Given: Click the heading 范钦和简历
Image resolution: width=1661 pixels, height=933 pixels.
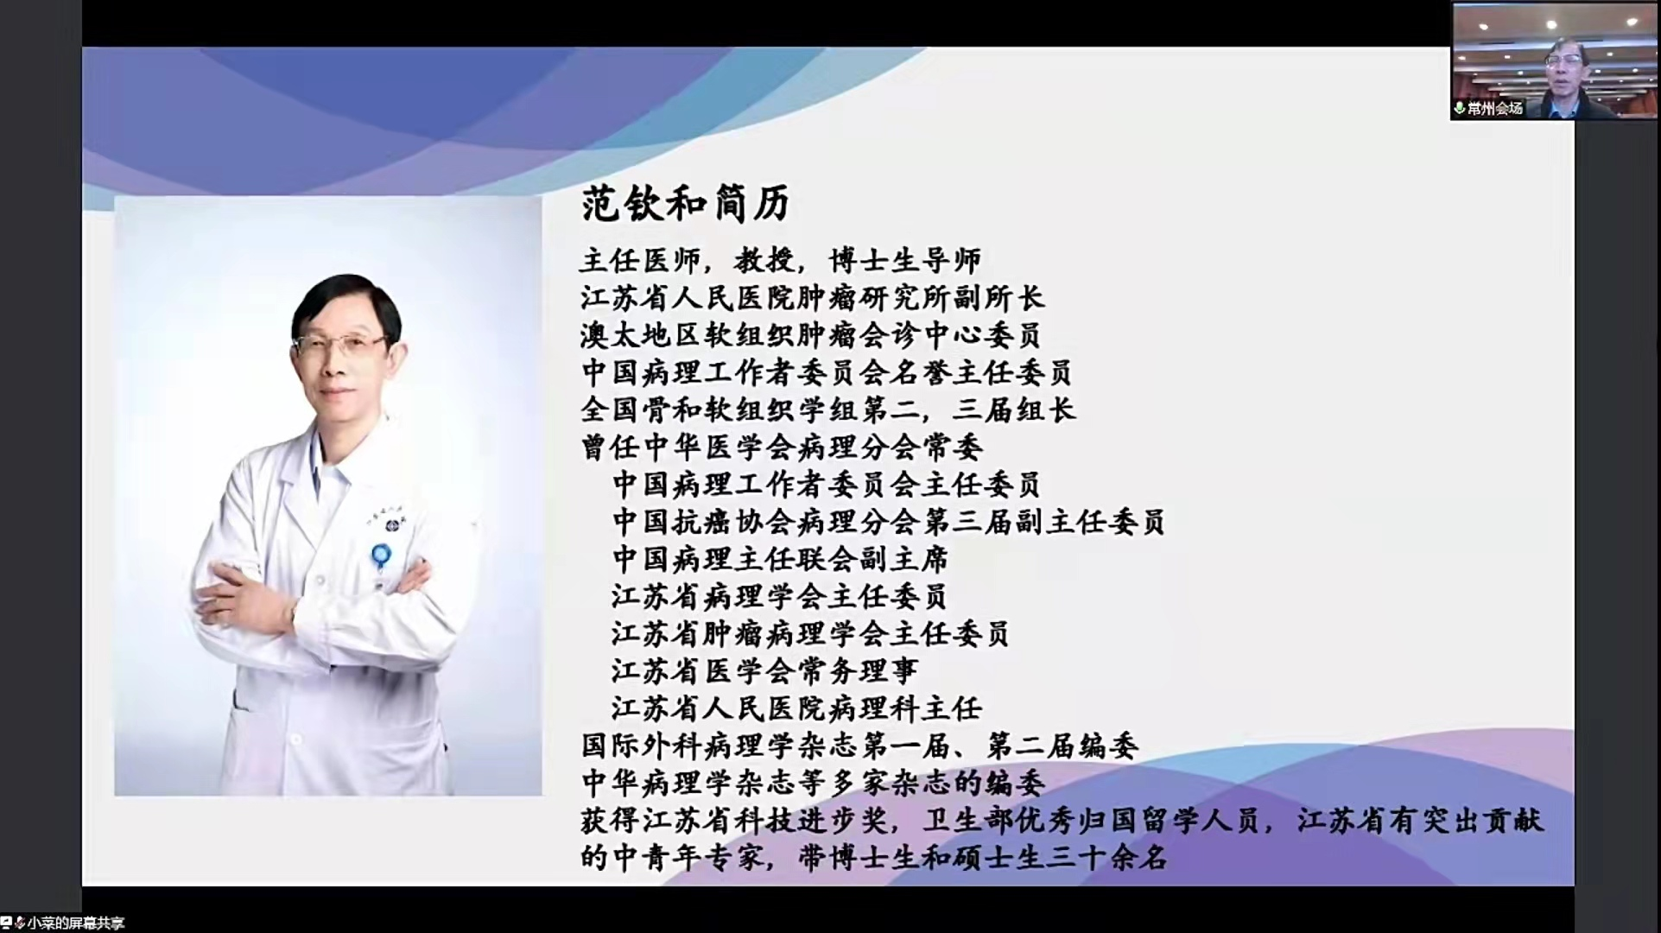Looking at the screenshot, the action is coord(686,205).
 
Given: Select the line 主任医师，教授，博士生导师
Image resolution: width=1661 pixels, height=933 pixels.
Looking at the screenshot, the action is coord(781,260).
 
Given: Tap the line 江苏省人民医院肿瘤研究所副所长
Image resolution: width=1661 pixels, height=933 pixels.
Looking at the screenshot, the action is coord(812,298).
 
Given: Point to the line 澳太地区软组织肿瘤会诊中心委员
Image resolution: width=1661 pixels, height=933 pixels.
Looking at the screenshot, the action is coord(811,335).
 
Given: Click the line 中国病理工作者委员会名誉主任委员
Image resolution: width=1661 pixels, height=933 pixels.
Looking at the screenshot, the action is coord(827,372).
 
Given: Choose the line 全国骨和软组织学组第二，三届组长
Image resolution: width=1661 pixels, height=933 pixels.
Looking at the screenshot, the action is coord(828,409).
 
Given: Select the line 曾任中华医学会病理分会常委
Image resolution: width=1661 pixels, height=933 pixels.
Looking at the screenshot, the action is coord(782,447).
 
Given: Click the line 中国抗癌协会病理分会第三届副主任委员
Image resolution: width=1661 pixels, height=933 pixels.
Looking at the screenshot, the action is coord(889,522).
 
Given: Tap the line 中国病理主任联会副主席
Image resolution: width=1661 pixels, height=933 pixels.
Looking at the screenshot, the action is coord(780,559).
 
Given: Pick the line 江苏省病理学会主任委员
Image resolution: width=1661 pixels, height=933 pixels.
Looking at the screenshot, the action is coord(779,596).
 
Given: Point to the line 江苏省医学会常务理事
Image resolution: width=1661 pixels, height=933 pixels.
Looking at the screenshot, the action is coord(764,670).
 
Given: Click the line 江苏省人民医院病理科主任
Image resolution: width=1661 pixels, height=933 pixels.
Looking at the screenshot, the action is coord(796,708).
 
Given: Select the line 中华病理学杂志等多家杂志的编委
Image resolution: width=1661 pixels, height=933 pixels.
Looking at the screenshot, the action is coord(813,783).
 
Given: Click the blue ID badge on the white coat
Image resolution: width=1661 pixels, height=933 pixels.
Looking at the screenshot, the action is coord(381,556).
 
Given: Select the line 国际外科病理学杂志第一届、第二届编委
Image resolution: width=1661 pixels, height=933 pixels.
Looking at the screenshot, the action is coord(859,746).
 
